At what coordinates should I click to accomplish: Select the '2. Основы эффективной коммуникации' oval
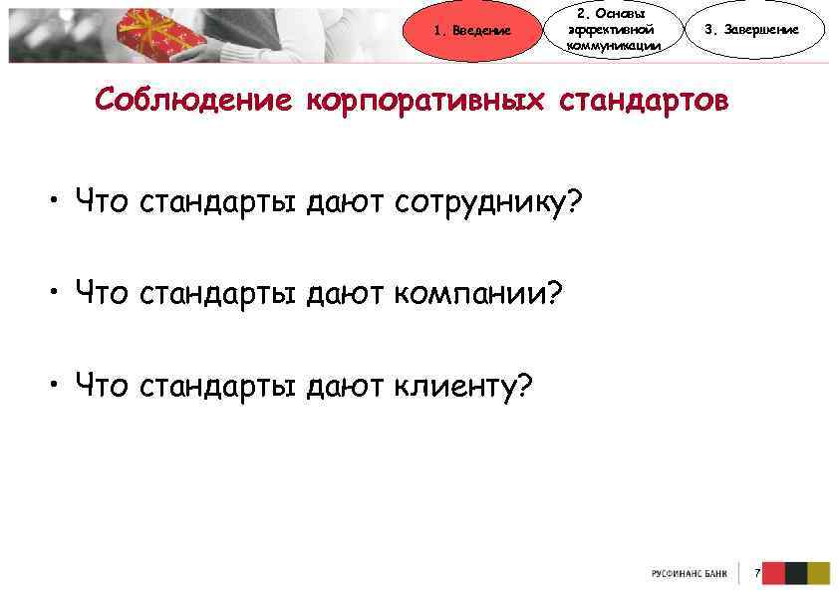[612, 30]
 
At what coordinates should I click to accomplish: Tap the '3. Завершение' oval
[751, 30]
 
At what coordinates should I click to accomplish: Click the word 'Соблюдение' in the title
[194, 101]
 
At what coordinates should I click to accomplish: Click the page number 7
[758, 574]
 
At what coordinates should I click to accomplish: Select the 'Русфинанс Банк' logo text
[690, 574]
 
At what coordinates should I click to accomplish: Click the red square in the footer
[773, 573]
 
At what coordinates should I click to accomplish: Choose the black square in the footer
[795, 573]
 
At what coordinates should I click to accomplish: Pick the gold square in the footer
[818, 573]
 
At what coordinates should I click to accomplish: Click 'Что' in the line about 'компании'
[102, 294]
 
